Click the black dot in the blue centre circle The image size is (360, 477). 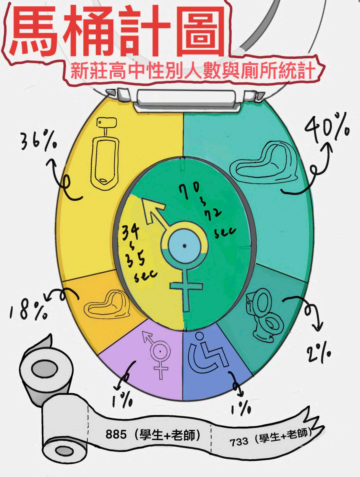[x=184, y=246]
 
